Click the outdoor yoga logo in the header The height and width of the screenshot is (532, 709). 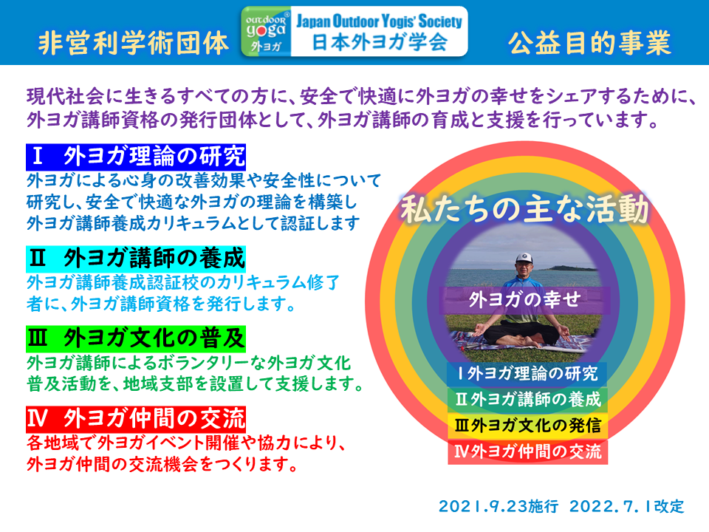[267, 32]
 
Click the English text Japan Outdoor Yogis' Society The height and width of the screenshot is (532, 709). [380, 21]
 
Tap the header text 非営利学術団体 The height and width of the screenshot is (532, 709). [134, 44]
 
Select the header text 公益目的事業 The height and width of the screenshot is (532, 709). [589, 44]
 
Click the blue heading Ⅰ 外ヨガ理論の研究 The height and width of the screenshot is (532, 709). [136, 157]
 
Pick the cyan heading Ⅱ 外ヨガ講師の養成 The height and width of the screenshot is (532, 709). [136, 259]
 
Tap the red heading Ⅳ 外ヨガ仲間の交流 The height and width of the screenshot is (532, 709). [136, 419]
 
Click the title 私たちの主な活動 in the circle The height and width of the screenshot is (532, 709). [524, 209]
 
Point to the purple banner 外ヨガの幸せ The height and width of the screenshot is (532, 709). [524, 299]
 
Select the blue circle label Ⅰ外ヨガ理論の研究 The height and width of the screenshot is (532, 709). [527, 374]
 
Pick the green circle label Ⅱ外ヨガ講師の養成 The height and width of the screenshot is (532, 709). [527, 400]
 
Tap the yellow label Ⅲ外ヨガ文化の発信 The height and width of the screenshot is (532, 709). [527, 426]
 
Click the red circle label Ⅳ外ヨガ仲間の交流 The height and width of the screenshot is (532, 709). [527, 451]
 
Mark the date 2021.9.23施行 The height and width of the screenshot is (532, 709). [499, 506]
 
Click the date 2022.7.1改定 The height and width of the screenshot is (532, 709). [627, 506]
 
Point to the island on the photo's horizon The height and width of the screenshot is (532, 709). [572, 268]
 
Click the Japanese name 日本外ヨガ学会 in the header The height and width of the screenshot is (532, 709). [380, 43]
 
